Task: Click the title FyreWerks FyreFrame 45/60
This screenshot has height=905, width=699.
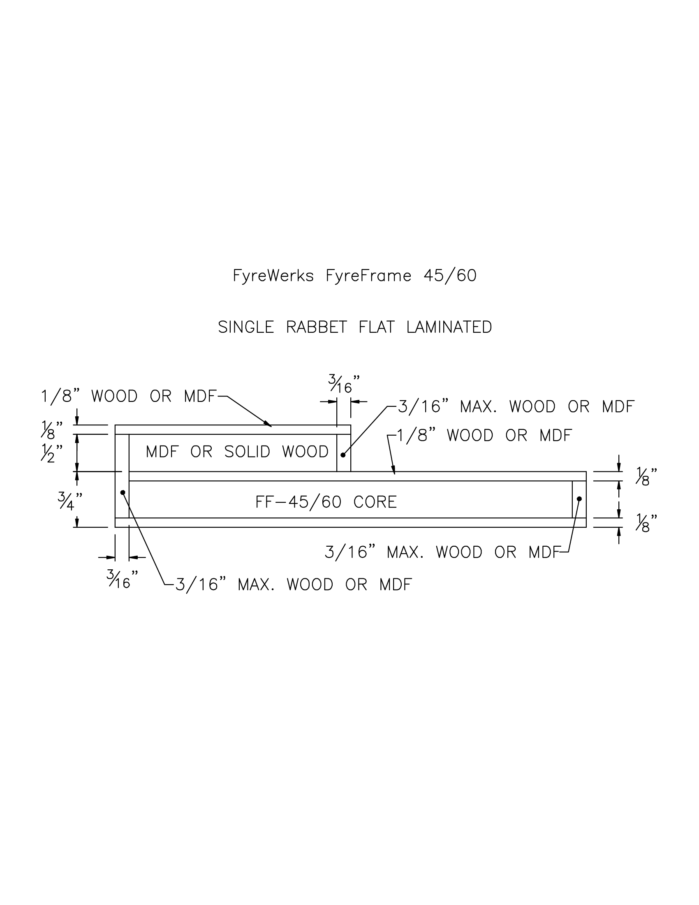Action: [x=354, y=276]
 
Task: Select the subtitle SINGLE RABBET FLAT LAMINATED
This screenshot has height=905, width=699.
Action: [x=355, y=327]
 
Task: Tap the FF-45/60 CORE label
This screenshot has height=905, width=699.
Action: [x=326, y=502]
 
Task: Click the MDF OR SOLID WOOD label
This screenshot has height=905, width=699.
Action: [x=237, y=452]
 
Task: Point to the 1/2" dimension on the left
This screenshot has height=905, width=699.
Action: [x=52, y=454]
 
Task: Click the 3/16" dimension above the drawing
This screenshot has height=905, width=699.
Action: [x=343, y=384]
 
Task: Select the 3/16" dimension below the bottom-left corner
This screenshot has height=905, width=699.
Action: [x=122, y=579]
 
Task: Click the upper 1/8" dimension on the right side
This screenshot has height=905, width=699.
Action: [x=646, y=476]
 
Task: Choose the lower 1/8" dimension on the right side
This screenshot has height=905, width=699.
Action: [x=646, y=523]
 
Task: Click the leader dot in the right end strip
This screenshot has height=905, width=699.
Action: [x=579, y=499]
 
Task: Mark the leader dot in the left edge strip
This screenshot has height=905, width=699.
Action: [x=123, y=493]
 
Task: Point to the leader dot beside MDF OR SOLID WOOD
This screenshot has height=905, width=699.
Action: [x=343, y=455]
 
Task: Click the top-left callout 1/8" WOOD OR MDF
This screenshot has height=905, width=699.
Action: [x=128, y=397]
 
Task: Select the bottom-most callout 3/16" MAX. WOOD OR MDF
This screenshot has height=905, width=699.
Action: [x=294, y=585]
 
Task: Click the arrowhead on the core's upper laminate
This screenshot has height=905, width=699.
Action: [x=394, y=471]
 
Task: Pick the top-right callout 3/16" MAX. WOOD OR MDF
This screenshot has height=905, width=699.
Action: [x=516, y=407]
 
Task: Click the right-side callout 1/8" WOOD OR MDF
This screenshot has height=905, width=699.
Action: [x=484, y=436]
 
